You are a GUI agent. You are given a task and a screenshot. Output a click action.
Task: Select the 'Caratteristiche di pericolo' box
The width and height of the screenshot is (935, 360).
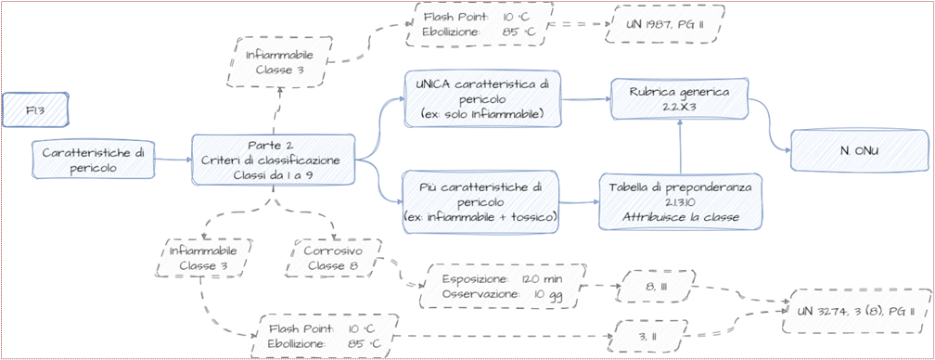click(x=93, y=160)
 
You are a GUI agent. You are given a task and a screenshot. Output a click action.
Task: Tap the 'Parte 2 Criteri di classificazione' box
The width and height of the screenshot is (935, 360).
click(x=273, y=160)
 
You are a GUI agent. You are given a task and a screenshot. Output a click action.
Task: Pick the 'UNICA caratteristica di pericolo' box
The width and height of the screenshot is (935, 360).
click(x=483, y=99)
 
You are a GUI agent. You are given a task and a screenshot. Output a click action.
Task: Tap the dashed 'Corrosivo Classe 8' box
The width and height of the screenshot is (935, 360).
click(x=332, y=258)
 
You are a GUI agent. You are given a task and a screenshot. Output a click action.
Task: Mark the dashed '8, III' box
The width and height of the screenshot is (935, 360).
click(x=654, y=288)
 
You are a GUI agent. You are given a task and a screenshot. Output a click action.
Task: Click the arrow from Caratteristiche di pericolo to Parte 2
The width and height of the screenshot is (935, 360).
click(x=173, y=160)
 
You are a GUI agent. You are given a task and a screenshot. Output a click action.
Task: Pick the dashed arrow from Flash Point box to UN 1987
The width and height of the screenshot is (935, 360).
click(x=578, y=25)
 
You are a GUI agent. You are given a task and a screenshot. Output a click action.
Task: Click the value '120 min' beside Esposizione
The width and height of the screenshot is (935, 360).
click(x=542, y=279)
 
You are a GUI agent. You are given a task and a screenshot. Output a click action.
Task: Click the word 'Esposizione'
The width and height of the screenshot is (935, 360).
click(x=475, y=279)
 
